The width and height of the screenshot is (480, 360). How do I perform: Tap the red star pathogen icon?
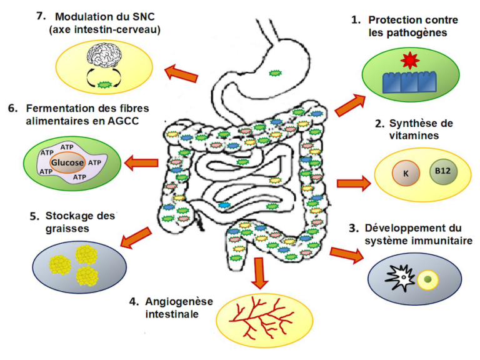tap(409, 61)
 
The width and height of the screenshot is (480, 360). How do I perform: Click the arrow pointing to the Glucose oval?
tap(141, 164)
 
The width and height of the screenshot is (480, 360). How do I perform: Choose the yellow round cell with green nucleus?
tap(427, 277)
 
